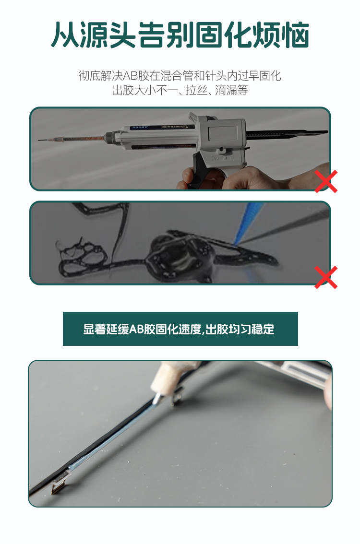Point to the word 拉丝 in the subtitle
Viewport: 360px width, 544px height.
click(196, 90)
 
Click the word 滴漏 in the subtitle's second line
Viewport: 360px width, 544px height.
click(226, 90)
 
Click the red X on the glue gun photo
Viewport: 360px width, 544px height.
click(326, 181)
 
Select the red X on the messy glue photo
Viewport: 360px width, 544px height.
click(326, 277)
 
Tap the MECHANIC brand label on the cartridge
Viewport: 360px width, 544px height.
click(175, 127)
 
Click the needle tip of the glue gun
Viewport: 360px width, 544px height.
click(39, 140)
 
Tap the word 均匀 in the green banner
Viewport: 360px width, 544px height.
click(239, 329)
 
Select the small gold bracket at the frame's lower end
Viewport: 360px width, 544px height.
click(57, 487)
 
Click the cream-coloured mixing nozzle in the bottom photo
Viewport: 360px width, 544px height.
click(165, 377)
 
